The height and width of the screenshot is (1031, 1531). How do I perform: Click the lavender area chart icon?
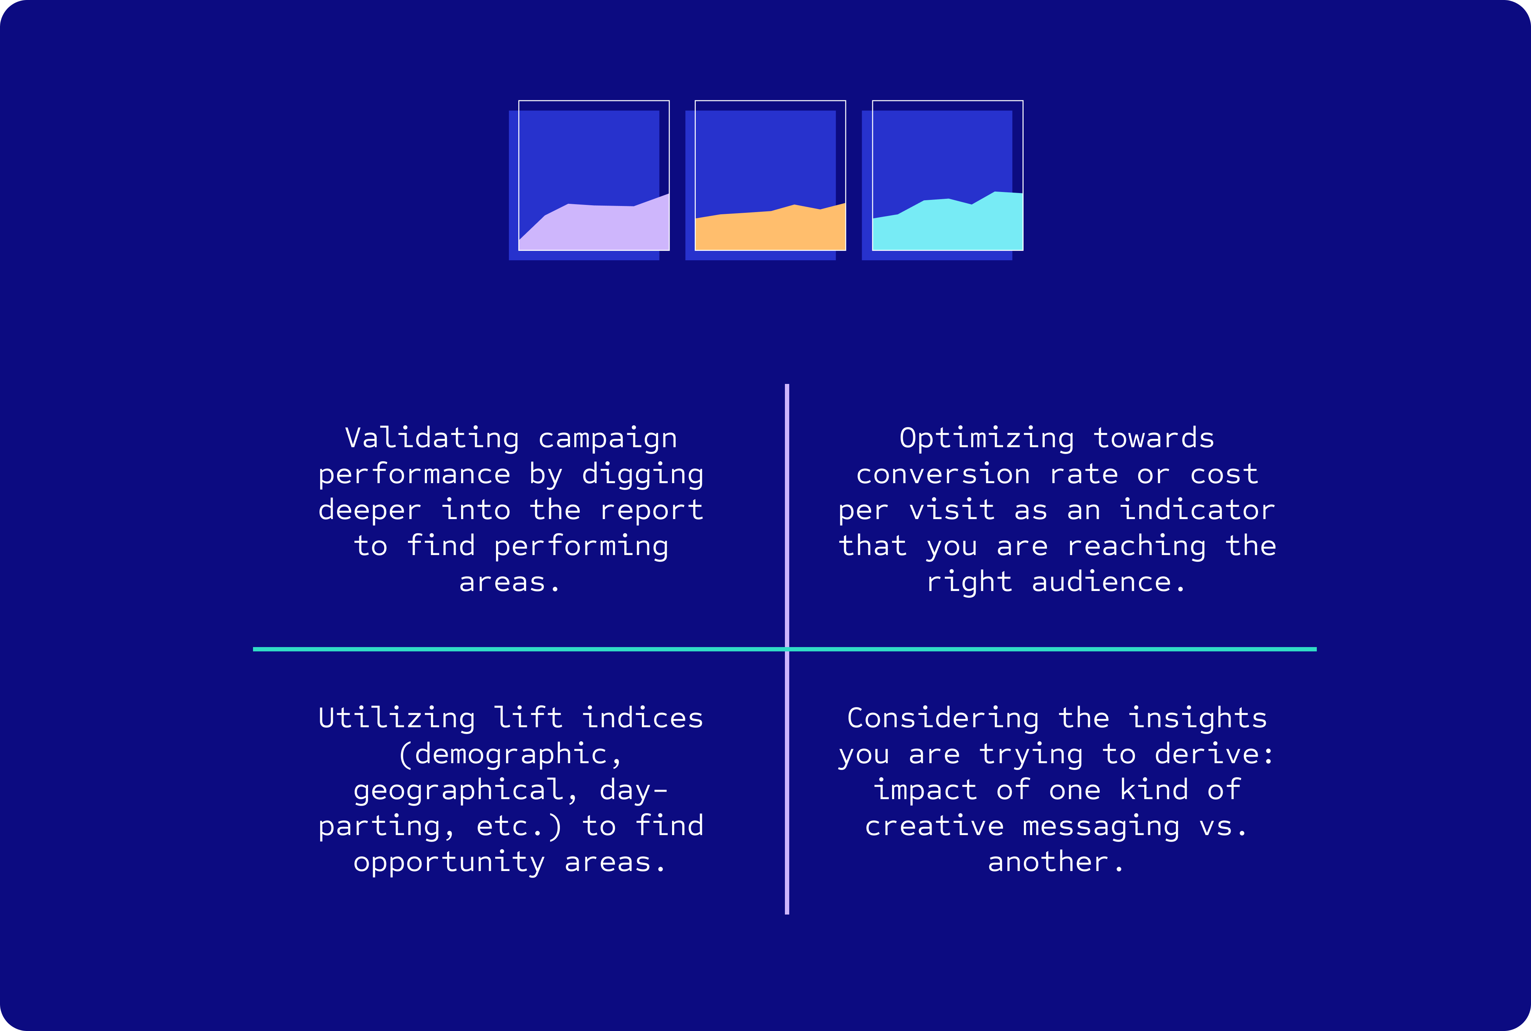click(589, 180)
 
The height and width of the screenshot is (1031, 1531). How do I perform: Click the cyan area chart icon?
click(942, 180)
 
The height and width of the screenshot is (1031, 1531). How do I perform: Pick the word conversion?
click(943, 474)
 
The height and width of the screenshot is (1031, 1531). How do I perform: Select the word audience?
click(1102, 582)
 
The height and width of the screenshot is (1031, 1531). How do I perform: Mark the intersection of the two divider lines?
click(787, 649)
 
